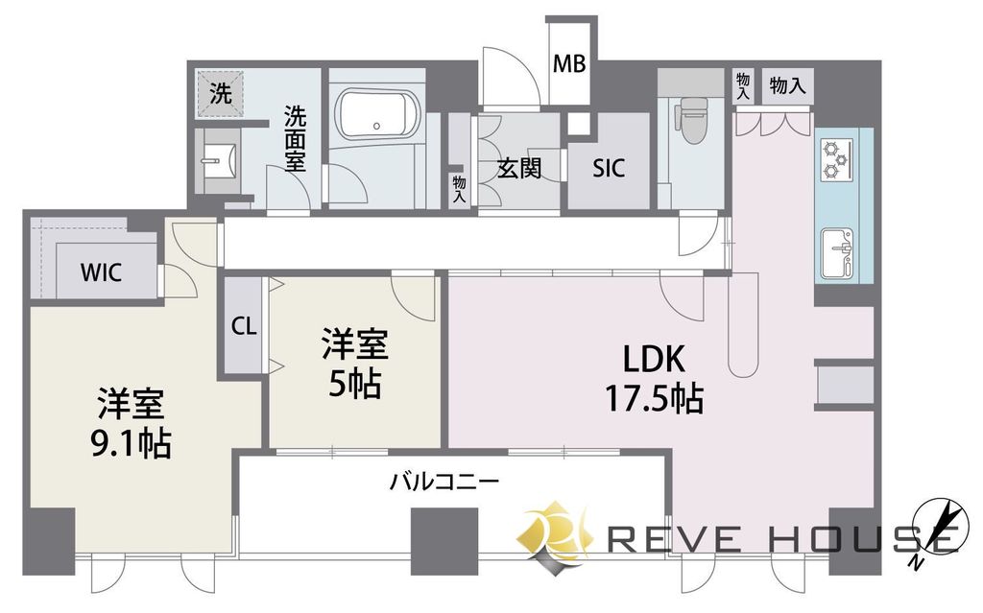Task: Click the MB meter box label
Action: [569, 63]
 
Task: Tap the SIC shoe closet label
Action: [609, 167]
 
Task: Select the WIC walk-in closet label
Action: [101, 272]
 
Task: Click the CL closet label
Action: [244, 326]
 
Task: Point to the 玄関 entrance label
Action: [519, 168]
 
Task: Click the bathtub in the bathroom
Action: [376, 117]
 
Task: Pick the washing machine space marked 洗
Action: [220, 93]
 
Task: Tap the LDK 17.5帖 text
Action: [654, 379]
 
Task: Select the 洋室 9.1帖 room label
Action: [131, 423]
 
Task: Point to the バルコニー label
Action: [444, 482]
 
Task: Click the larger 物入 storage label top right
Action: [787, 85]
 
